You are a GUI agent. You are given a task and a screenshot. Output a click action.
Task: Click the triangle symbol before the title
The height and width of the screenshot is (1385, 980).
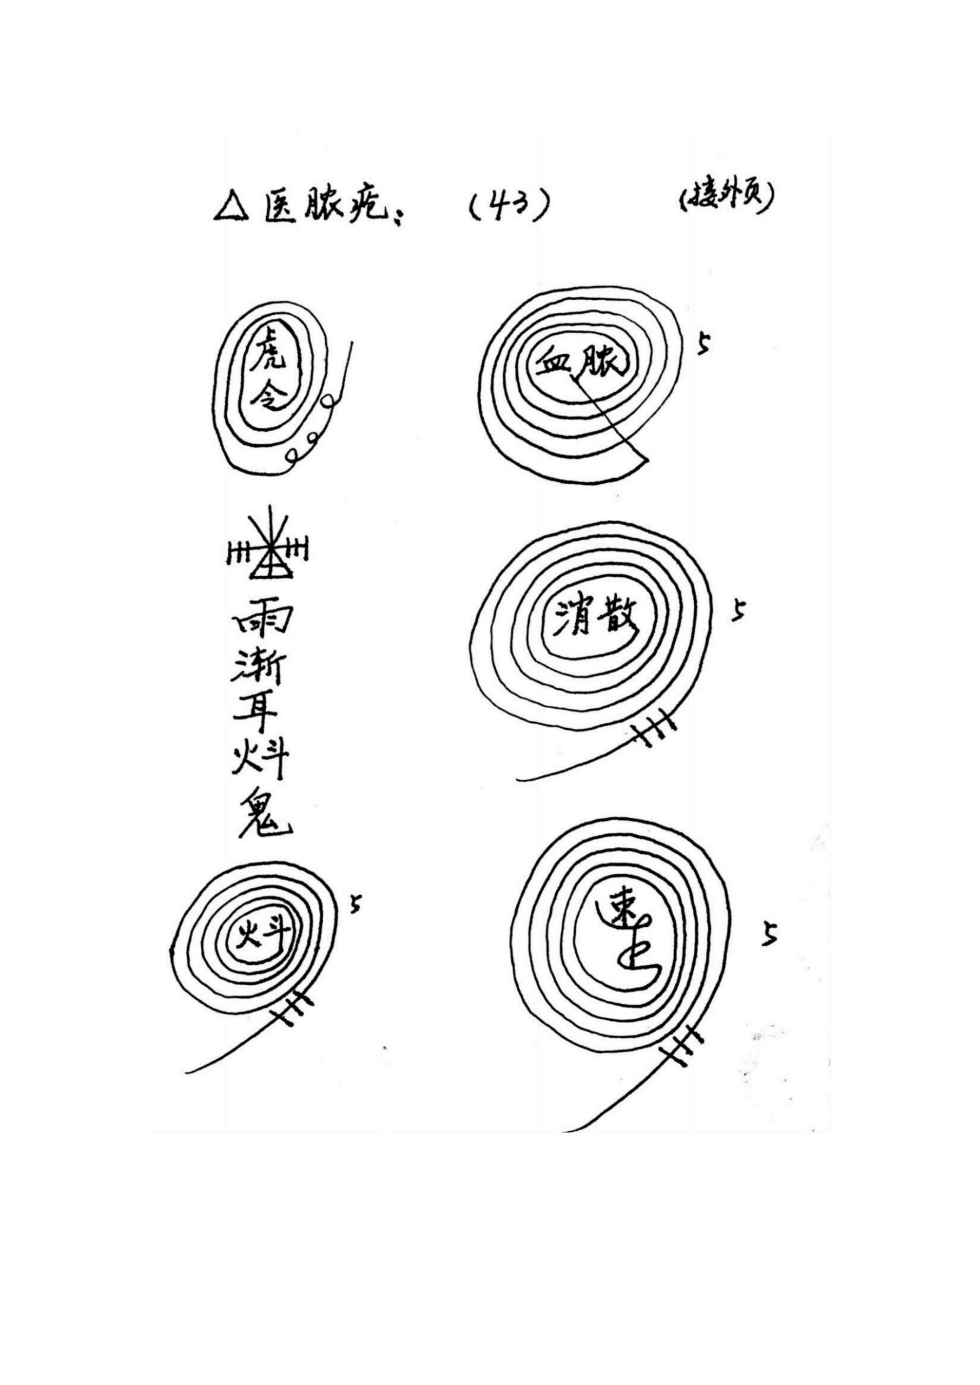[x=231, y=209]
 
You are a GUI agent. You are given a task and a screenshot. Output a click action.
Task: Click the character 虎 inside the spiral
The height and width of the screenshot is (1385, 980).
[x=269, y=358]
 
